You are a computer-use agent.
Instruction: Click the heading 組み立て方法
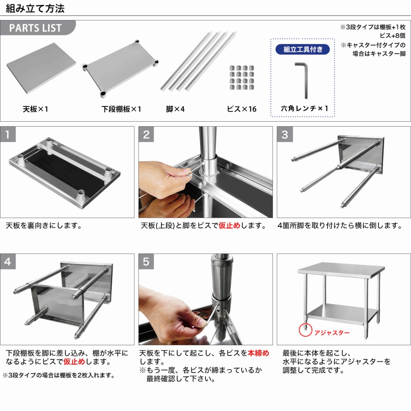[x=35, y=8]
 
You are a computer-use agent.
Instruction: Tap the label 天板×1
[x=35, y=109]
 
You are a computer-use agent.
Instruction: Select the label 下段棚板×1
[x=121, y=109]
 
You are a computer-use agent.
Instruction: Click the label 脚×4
[x=175, y=109]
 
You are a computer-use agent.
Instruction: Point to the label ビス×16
[x=242, y=109]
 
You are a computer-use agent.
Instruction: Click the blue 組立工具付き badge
[x=302, y=50]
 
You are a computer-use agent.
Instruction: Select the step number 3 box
[x=285, y=134]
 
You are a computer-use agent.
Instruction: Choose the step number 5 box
[x=146, y=262]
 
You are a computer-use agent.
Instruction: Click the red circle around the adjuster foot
[x=305, y=330]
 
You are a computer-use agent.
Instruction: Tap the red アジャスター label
[x=332, y=332]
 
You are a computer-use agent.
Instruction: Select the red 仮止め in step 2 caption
[x=229, y=226]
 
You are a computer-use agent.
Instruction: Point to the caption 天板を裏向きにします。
[x=44, y=226]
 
